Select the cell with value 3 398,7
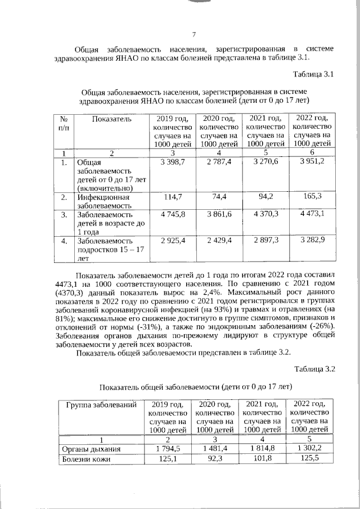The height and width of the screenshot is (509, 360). coord(173,162)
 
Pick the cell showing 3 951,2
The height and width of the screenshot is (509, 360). coord(309,162)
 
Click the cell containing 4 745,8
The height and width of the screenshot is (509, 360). coord(173,214)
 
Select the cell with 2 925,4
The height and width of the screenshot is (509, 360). coord(173,241)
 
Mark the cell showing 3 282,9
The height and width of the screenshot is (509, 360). coord(309,241)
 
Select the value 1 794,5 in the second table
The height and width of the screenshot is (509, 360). coord(168,448)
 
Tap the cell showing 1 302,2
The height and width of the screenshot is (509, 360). coord(309,448)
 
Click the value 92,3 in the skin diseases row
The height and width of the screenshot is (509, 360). coord(214,458)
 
